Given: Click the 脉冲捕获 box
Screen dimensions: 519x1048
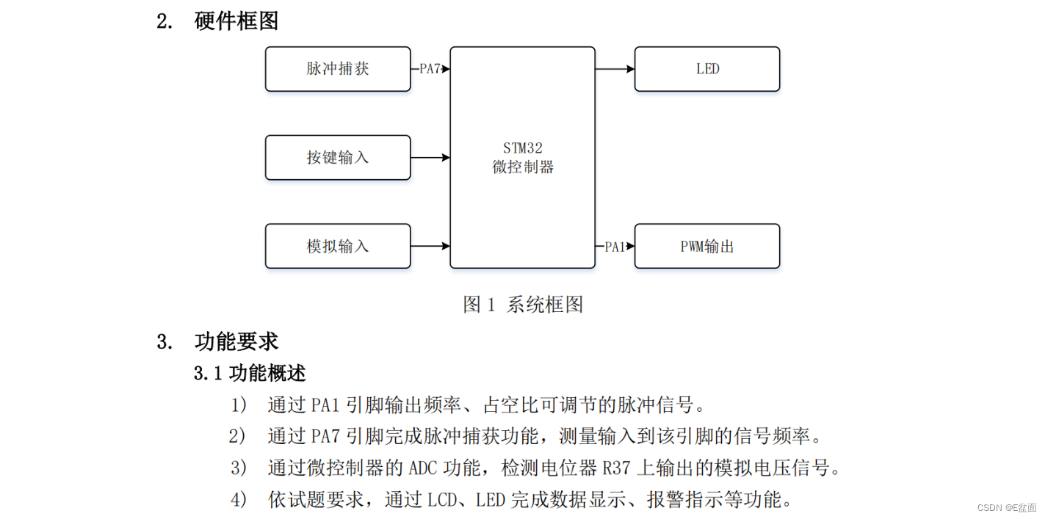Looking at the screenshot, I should pyautogui.click(x=338, y=69).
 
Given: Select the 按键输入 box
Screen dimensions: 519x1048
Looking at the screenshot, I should pyautogui.click(x=338, y=158).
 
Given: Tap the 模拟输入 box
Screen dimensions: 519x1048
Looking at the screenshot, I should pyautogui.click(x=338, y=247).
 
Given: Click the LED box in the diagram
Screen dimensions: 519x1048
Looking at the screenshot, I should pyautogui.click(x=707, y=69).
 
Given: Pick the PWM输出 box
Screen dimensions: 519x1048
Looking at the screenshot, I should pyautogui.click(x=707, y=247).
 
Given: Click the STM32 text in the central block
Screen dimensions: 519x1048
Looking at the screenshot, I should pyautogui.click(x=522, y=149).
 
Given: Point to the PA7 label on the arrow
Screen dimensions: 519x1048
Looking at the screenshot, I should pyautogui.click(x=430, y=69).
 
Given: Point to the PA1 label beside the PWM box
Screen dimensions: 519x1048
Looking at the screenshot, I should pyautogui.click(x=615, y=247).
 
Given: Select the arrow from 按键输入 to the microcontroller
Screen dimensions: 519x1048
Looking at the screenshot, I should pyautogui.click(x=430, y=158).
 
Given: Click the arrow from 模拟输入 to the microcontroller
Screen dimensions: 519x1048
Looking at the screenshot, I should pyautogui.click(x=430, y=247).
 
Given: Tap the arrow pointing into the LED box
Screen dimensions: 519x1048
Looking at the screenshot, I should pyautogui.click(x=615, y=69).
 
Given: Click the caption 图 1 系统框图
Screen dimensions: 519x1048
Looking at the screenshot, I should pyautogui.click(x=523, y=305).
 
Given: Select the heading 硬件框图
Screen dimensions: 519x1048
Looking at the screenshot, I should pyautogui.click(x=236, y=21).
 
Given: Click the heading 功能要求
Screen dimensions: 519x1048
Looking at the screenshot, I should pyautogui.click(x=236, y=342).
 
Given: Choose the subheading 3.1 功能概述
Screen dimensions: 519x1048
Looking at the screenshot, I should pyautogui.click(x=250, y=374).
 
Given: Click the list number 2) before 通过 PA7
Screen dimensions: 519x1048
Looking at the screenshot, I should pyautogui.click(x=237, y=437).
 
